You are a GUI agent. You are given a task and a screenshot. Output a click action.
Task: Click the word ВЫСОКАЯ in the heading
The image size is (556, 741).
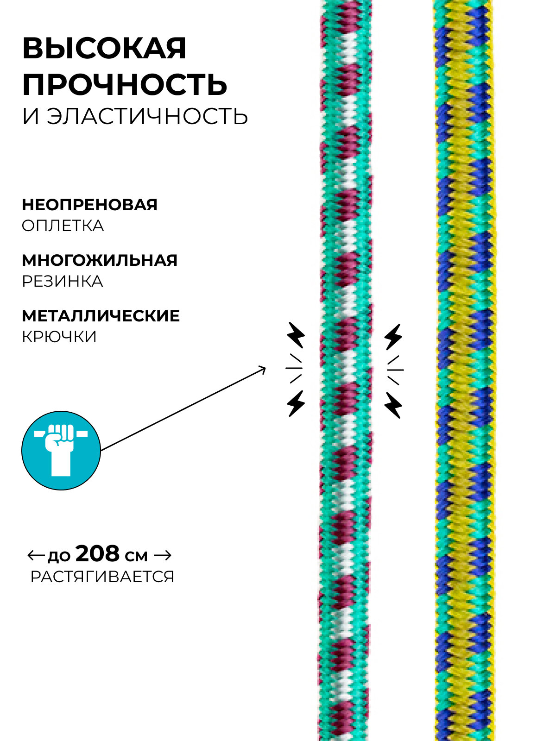[104, 48]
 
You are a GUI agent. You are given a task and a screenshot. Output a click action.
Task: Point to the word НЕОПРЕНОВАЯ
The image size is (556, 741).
[89, 204]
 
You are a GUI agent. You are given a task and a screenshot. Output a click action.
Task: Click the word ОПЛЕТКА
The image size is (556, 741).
[63, 226]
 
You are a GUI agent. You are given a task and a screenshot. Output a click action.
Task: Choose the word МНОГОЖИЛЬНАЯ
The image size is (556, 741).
[100, 260]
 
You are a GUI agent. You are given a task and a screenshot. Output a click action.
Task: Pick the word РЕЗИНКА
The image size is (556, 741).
[63, 282]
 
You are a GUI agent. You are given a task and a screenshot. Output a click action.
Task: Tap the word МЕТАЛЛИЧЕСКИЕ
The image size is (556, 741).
[101, 316]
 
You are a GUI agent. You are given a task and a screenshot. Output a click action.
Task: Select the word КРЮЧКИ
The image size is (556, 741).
[59, 337]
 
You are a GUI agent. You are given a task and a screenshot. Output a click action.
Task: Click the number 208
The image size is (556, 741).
[97, 553]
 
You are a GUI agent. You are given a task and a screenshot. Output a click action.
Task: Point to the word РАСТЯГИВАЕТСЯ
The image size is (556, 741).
[102, 577]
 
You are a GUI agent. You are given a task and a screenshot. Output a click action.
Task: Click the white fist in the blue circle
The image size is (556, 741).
[60, 447]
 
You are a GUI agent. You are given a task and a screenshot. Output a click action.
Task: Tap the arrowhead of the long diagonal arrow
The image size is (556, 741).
[262, 369]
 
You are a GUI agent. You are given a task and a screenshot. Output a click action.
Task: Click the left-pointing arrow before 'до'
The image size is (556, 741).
[36, 554]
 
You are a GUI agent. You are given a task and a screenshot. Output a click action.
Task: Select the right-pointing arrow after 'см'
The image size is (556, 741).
[162, 554]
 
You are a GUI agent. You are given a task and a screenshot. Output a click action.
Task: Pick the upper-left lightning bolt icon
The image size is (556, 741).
[296, 335]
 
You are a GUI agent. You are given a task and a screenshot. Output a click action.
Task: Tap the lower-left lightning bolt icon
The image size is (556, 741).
[296, 403]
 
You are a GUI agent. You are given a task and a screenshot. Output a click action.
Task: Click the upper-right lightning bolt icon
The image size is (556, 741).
[393, 337]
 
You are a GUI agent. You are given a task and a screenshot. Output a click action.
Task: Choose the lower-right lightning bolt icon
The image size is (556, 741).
[393, 405]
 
